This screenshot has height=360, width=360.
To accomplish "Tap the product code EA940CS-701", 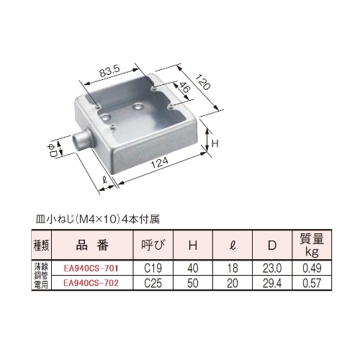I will point(91,268).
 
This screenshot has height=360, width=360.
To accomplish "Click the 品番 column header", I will point(91,246).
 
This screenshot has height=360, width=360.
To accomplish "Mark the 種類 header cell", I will point(42,246).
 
